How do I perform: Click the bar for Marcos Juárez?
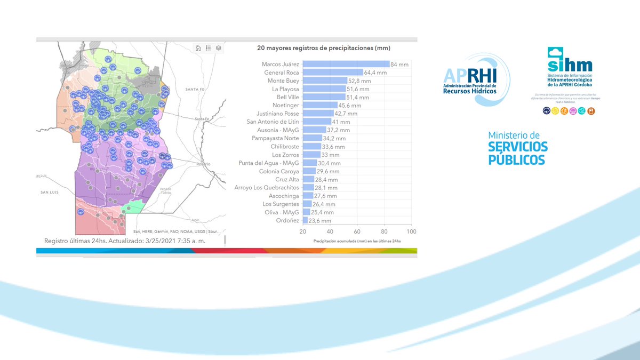pyautogui.click(x=346, y=64)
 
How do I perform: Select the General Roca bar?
pyautogui.click(x=333, y=73)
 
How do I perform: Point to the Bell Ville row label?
pyautogui.click(x=285, y=97)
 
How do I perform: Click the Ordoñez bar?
pyautogui.click(x=305, y=220)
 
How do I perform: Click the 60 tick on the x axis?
pyautogui.click(x=357, y=232)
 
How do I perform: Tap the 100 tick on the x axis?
pyautogui.click(x=411, y=232)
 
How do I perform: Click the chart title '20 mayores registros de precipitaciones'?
pyautogui.click(x=324, y=48)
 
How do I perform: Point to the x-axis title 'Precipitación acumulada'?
pyautogui.click(x=357, y=241)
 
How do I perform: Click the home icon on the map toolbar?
pyautogui.click(x=198, y=48)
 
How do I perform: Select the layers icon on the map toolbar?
pyautogui.click(x=219, y=48)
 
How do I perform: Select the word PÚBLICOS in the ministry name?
pyautogui.click(x=517, y=159)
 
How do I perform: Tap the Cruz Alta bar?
pyautogui.click(x=308, y=179)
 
